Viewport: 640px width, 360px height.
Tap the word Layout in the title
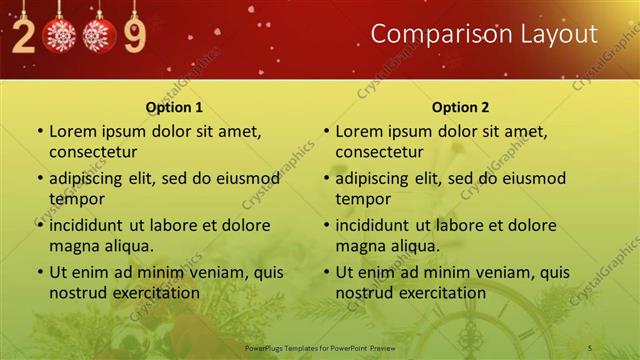[556, 35]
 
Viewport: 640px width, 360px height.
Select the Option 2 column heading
[460, 107]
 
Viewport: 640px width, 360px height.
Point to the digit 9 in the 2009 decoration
[134, 36]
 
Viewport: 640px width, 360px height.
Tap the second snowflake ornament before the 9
[98, 36]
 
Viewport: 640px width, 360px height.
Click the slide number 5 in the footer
[590, 347]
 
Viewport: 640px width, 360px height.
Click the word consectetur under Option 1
[93, 152]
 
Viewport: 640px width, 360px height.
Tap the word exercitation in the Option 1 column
[153, 292]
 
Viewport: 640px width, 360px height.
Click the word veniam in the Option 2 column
[496, 271]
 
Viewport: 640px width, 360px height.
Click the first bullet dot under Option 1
[39, 131]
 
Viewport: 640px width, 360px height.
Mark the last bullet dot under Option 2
[325, 272]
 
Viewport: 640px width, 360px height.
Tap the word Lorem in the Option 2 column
[357, 131]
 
